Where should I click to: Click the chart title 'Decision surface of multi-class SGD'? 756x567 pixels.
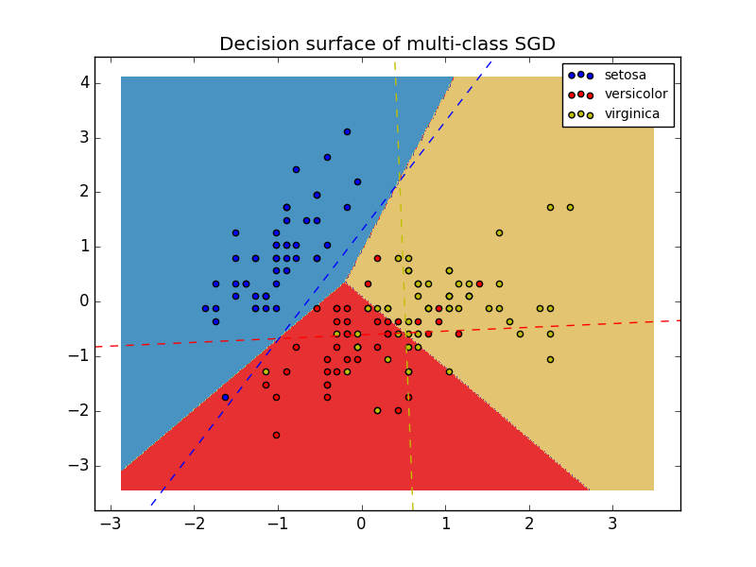(x=387, y=44)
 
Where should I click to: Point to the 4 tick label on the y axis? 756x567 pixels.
(x=84, y=83)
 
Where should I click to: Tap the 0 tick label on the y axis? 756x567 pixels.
(x=84, y=301)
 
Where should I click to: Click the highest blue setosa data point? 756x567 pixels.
(x=347, y=132)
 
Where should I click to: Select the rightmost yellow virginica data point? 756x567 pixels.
(x=570, y=207)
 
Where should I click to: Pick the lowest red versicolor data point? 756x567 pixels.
(x=276, y=435)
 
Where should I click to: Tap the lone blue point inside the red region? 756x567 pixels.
(x=225, y=397)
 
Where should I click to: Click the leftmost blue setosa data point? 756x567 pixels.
(x=205, y=308)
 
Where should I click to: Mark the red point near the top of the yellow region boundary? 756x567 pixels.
(x=377, y=258)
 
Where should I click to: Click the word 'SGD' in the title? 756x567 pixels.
(x=532, y=44)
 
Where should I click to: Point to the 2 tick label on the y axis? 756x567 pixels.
(x=84, y=192)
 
